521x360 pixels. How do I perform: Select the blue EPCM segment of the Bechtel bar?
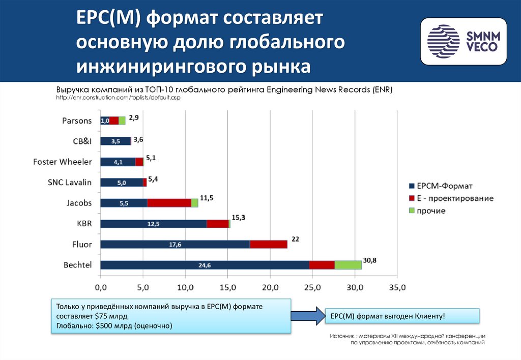click(x=204, y=265)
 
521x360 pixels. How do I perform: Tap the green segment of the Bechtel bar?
click(x=348, y=265)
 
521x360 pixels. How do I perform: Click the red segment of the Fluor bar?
click(x=269, y=244)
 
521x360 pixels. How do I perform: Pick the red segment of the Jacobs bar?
click(x=169, y=203)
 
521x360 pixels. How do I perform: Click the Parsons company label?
click(x=77, y=121)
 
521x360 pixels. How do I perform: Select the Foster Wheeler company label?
click(x=63, y=162)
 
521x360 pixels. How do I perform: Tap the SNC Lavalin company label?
click(x=70, y=182)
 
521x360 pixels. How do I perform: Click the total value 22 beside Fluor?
click(x=296, y=238)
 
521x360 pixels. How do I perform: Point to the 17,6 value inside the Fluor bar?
click(x=175, y=245)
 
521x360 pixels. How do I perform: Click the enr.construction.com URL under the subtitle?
click(x=118, y=97)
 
